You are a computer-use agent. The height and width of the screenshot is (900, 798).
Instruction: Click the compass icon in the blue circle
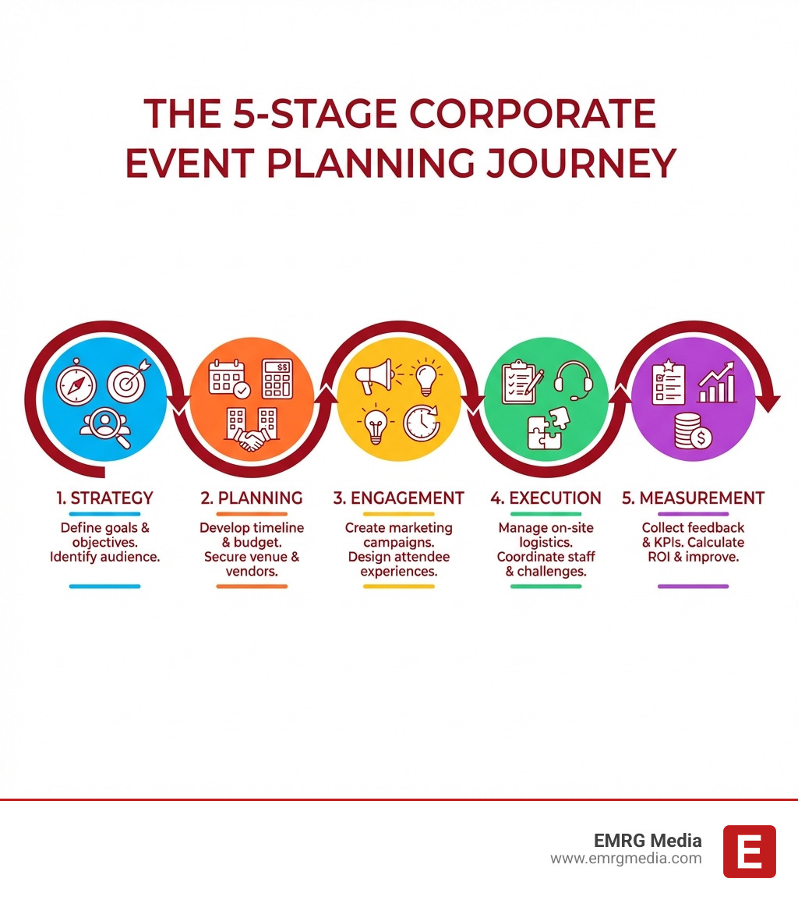pyautogui.click(x=76, y=383)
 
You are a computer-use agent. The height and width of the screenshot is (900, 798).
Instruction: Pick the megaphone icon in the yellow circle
pyautogui.click(x=373, y=377)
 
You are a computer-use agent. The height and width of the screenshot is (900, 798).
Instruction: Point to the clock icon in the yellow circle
pyautogui.click(x=421, y=423)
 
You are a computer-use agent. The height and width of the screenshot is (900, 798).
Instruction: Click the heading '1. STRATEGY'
pyautogui.click(x=104, y=498)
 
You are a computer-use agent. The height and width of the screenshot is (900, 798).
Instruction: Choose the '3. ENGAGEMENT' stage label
pyautogui.click(x=398, y=498)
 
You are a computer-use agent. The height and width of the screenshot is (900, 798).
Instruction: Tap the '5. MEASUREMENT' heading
pyautogui.click(x=693, y=498)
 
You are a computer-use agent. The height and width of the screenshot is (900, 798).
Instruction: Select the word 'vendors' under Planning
pyautogui.click(x=251, y=571)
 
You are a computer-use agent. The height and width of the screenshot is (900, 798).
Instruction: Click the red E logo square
pyautogui.click(x=749, y=851)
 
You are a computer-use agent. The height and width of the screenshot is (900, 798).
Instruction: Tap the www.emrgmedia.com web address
pyautogui.click(x=626, y=859)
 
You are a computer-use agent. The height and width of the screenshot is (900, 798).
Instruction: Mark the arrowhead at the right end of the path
pyautogui.click(x=769, y=403)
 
